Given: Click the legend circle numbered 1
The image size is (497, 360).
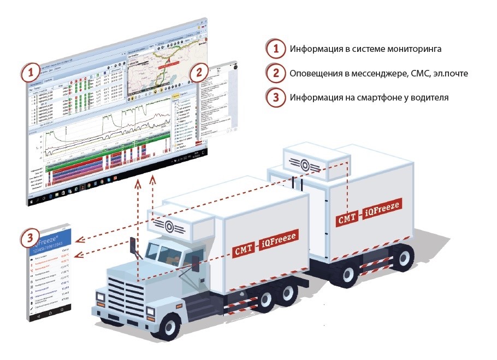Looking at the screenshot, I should tap(276, 49).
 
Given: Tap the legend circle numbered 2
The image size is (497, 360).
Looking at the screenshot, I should tap(276, 73).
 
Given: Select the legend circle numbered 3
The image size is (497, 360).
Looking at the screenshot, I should tap(276, 98).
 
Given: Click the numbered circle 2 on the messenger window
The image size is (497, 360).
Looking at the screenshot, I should tap(199, 72).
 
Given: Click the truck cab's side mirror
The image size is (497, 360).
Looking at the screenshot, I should tap(133, 251).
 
